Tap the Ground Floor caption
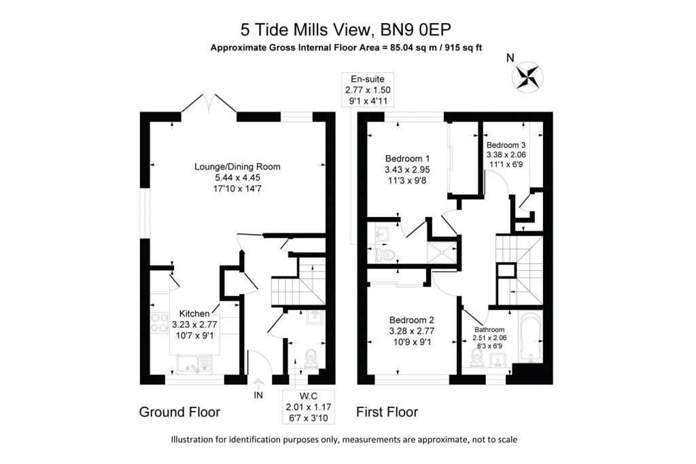click(179, 412)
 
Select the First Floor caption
click(387, 412)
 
